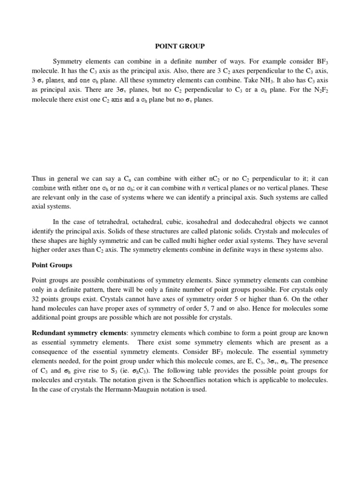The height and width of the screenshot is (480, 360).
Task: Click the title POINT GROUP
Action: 180,46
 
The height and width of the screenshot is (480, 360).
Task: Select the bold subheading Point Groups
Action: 52,265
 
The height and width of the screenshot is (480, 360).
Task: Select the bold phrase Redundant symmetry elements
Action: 80,333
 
